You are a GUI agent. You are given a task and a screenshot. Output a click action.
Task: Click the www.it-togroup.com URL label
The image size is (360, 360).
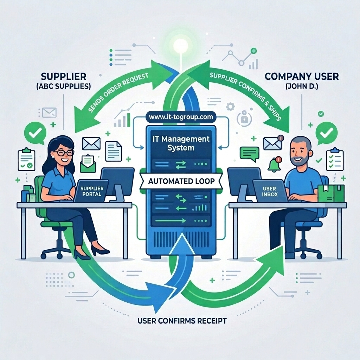coord(181,117)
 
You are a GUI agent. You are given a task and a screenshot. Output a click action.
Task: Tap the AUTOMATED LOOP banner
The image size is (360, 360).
coord(181,181)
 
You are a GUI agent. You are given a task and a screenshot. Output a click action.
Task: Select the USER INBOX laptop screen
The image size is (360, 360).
coord(269,191)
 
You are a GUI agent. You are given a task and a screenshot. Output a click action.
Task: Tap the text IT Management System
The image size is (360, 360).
coord(181,143)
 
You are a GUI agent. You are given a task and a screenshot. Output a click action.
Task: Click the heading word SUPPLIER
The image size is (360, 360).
coord(63,76)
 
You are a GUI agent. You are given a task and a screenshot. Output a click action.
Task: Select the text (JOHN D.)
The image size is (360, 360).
coord(302,86)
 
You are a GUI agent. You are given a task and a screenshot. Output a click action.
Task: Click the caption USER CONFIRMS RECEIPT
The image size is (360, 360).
coord(182,321)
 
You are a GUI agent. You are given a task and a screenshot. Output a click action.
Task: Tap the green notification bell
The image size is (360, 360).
coord(274,165)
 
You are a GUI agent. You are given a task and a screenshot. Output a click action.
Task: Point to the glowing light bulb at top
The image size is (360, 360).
coord(180,46)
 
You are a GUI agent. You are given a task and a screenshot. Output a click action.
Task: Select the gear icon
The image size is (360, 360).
coord(230,107)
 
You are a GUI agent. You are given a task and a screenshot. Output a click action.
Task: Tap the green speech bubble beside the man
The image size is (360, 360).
coord(249,154)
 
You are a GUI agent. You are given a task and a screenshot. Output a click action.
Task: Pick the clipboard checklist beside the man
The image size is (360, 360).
coord(335,160)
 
